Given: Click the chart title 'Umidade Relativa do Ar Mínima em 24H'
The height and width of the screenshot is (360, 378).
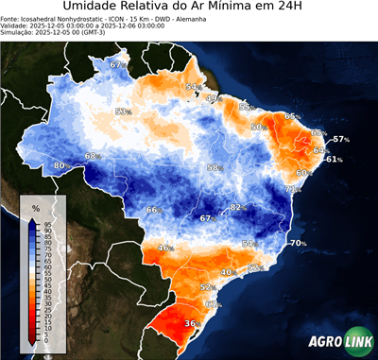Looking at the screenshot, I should pyautogui.click(x=189, y=9).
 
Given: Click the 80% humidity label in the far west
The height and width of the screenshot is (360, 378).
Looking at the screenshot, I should pyautogui.click(x=60, y=165).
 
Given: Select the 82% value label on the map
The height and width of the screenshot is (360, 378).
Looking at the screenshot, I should pyautogui.click(x=239, y=207).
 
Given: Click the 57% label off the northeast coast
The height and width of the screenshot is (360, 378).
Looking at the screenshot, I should pyautogui.click(x=340, y=140).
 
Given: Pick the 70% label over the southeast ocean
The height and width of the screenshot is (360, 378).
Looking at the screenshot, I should pyautogui.click(x=299, y=243).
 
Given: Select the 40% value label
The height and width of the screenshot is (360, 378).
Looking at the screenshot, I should pyautogui.click(x=228, y=272).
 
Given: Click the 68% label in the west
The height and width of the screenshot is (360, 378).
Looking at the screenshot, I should pyautogui.click(x=93, y=156).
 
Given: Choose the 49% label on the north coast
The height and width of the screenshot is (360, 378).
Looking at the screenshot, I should pyautogui.click(x=213, y=97).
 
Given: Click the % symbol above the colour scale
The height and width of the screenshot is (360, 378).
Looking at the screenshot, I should pyautogui.click(x=36, y=207).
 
